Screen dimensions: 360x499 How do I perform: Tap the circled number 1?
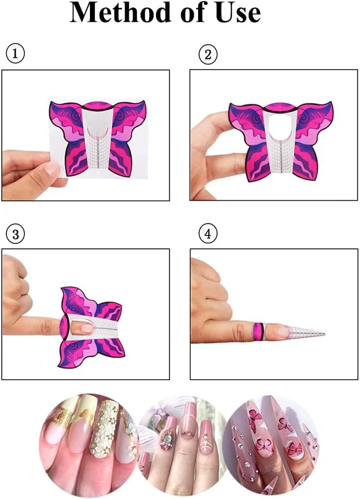(x=15, y=53)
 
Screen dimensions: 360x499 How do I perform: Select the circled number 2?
(x=208, y=54)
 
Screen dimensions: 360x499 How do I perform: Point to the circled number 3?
(x=15, y=234)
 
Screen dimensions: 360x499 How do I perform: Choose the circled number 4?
(x=208, y=234)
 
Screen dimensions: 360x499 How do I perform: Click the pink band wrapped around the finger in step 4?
(x=258, y=332)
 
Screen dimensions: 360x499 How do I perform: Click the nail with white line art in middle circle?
(x=206, y=436)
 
